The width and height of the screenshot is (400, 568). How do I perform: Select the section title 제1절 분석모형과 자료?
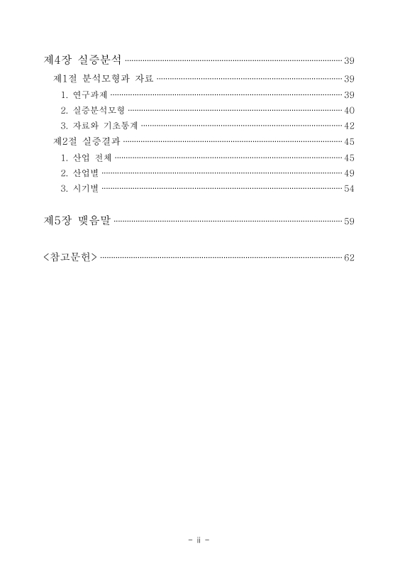(103, 78)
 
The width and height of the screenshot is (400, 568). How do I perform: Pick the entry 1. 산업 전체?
(87, 157)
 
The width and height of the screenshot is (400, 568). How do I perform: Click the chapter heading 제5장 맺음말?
(77, 221)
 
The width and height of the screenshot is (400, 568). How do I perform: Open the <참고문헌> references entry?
(70, 256)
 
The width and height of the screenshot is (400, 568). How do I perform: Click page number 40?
(349, 110)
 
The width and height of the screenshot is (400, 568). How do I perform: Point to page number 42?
(349, 126)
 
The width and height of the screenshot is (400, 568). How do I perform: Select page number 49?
(349, 173)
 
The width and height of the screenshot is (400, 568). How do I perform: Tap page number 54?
(349, 188)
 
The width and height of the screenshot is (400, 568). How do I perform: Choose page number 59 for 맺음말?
(349, 222)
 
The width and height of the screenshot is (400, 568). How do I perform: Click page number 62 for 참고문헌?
(349, 257)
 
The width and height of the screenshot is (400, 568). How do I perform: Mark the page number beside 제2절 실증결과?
(349, 141)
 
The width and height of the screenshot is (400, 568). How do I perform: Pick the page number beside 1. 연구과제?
(349, 94)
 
